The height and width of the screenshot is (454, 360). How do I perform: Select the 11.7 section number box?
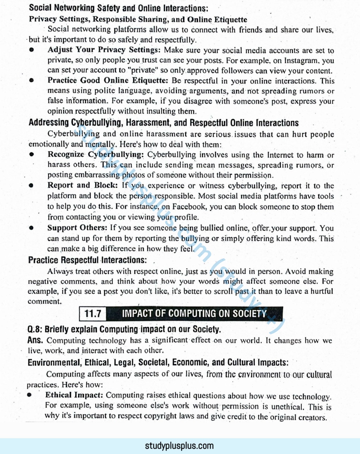tap(93, 314)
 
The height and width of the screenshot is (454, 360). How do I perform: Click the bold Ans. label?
tap(35, 340)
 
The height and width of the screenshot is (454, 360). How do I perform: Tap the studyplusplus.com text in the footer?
tap(179, 446)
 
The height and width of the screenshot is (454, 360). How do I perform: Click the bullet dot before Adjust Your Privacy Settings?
tap(32, 50)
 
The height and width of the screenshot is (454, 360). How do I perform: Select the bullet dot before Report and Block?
tap(32, 185)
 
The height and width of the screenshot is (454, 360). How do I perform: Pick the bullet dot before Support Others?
tap(32, 228)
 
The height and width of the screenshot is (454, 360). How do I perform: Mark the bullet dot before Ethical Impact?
tap(30, 395)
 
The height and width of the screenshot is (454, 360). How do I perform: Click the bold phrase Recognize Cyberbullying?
tap(96, 155)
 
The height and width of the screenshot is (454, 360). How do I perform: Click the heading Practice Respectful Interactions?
tap(87, 260)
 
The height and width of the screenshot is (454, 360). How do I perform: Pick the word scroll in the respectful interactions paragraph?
tap(223, 291)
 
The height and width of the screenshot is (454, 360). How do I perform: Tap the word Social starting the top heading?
tap(40, 8)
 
